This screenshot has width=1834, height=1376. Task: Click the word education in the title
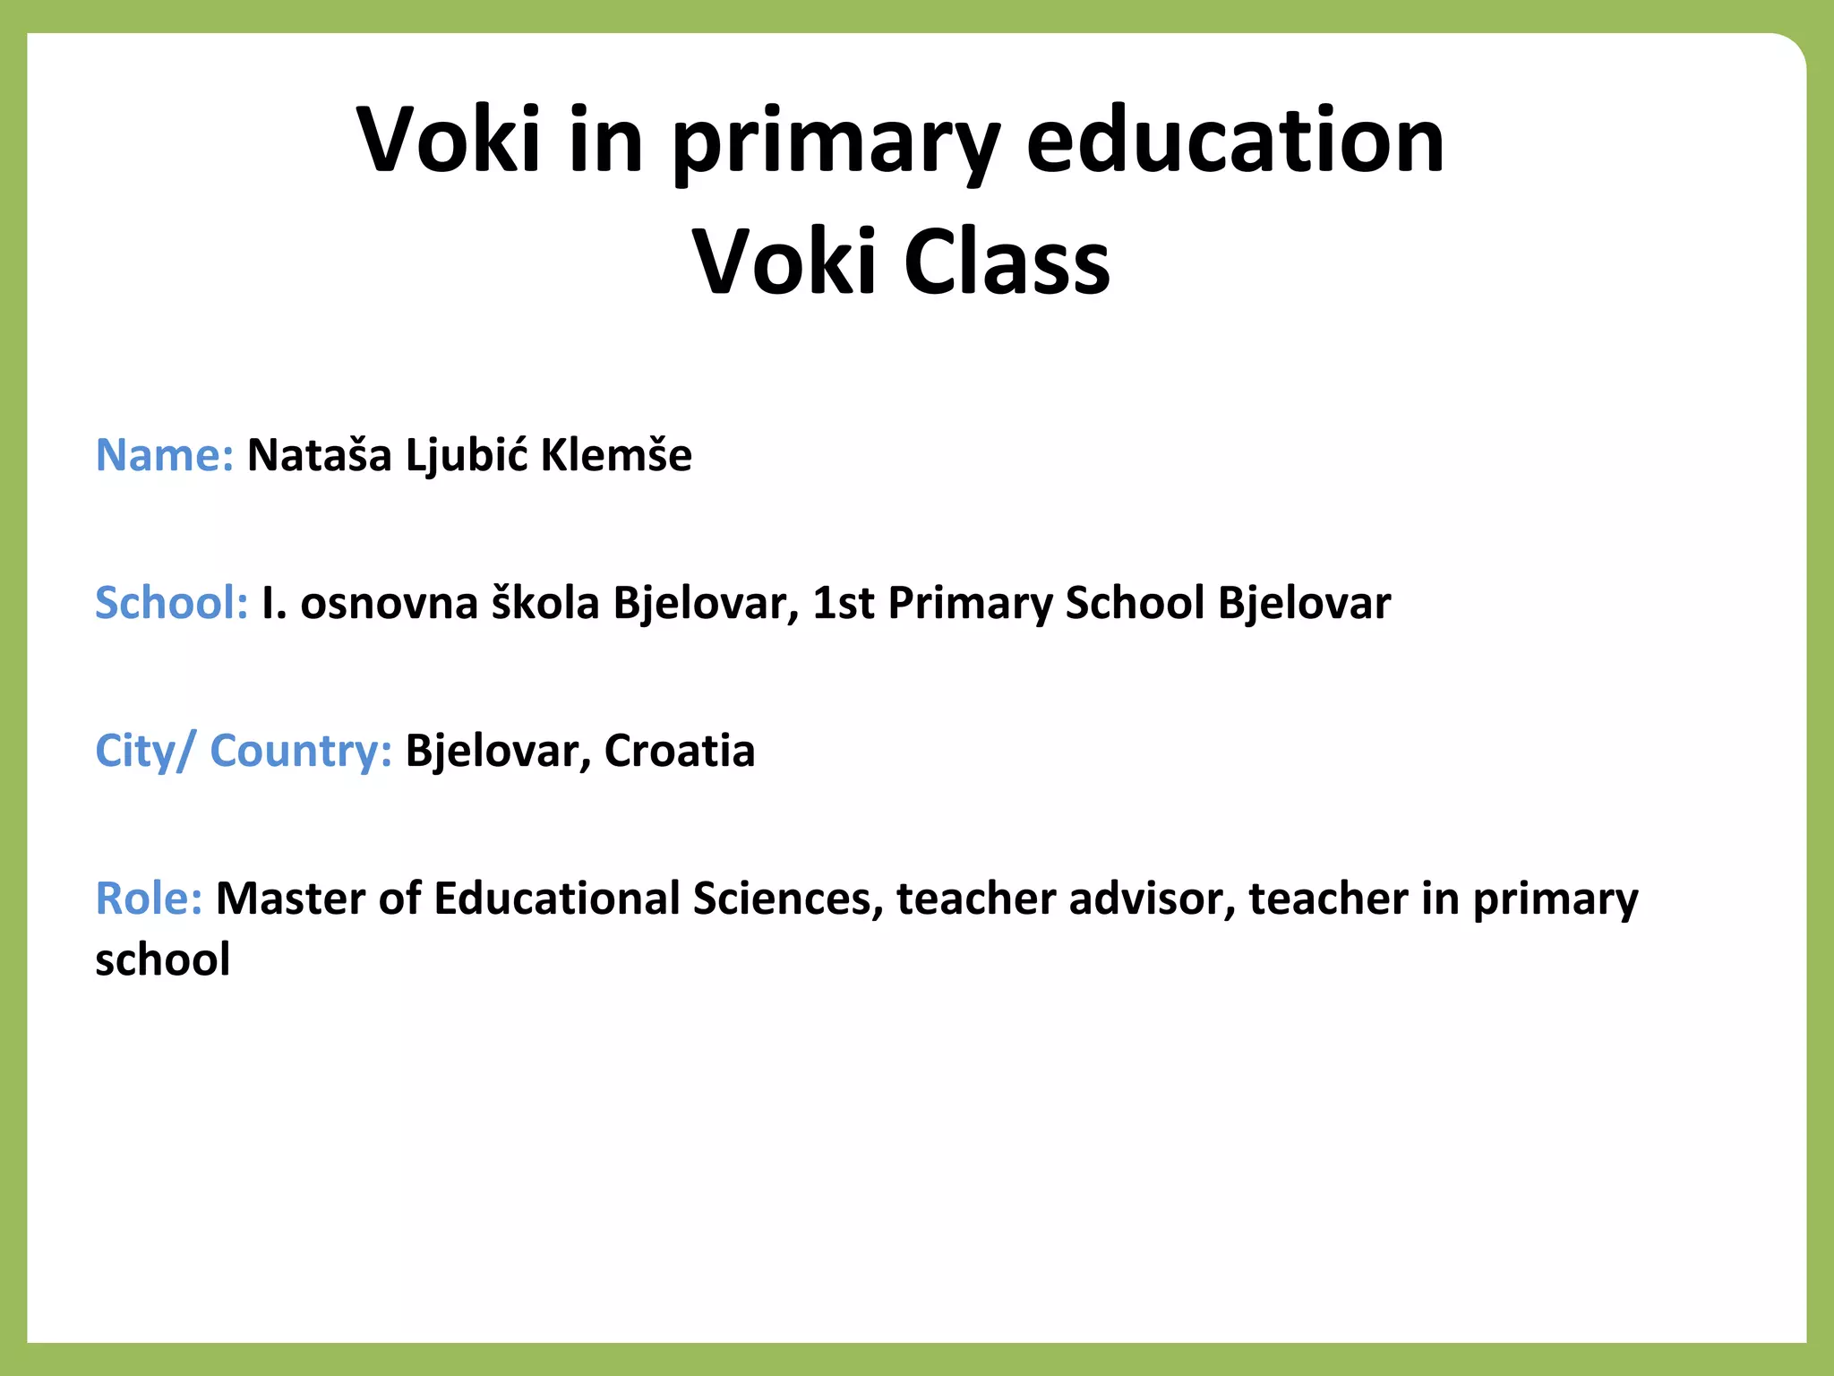pyautogui.click(x=1235, y=140)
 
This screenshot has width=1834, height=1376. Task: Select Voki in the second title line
pyautogui.click(x=784, y=262)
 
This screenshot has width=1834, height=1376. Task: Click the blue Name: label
pyautogui.click(x=164, y=454)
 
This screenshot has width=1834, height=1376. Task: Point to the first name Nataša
pyautogui.click(x=320, y=454)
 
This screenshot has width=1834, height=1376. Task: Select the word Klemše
pyautogui.click(x=616, y=454)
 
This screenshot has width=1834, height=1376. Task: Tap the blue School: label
pyautogui.click(x=171, y=602)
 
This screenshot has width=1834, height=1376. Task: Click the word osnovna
pyautogui.click(x=389, y=602)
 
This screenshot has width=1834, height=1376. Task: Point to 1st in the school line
pyautogui.click(x=843, y=602)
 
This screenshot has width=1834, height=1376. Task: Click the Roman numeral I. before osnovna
pyautogui.click(x=273, y=602)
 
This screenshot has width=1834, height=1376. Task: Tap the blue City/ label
pyautogui.click(x=143, y=751)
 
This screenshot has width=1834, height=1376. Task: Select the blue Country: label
pyautogui.click(x=301, y=751)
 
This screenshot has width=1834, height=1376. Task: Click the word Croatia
pyautogui.click(x=679, y=751)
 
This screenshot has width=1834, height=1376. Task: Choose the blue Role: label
pyautogui.click(x=149, y=899)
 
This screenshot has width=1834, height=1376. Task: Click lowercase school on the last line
pyautogui.click(x=162, y=959)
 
